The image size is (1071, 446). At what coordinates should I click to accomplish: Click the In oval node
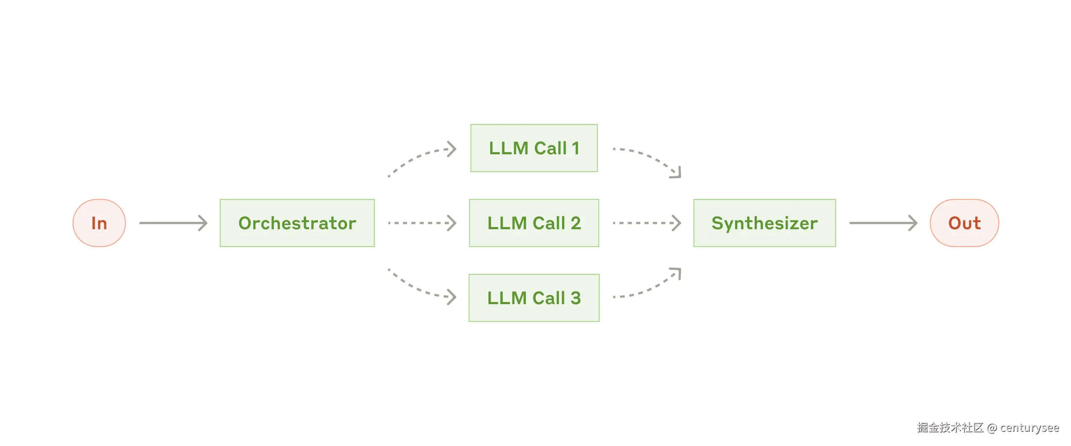(99, 223)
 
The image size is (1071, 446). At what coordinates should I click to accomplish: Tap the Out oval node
(964, 223)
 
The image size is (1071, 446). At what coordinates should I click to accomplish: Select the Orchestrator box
(297, 223)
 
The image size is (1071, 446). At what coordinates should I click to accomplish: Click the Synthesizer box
(764, 223)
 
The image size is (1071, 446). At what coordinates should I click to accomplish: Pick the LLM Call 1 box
(534, 148)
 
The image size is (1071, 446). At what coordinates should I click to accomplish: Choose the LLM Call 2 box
(534, 223)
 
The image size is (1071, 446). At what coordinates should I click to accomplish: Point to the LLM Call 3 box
(534, 298)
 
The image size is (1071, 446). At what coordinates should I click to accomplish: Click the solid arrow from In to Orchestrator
(173, 223)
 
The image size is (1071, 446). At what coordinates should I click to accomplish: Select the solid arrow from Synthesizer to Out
(883, 223)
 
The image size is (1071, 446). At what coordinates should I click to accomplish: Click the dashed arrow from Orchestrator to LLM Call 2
(422, 223)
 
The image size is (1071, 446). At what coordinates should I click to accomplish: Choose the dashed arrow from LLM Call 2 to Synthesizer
(647, 223)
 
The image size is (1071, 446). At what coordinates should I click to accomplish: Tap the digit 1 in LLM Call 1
(575, 148)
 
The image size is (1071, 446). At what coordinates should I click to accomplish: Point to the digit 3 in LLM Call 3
(575, 298)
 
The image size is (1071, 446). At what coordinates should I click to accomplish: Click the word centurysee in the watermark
(1029, 428)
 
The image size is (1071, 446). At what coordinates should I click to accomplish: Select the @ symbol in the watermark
(992, 428)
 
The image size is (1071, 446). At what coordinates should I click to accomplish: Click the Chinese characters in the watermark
(950, 428)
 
